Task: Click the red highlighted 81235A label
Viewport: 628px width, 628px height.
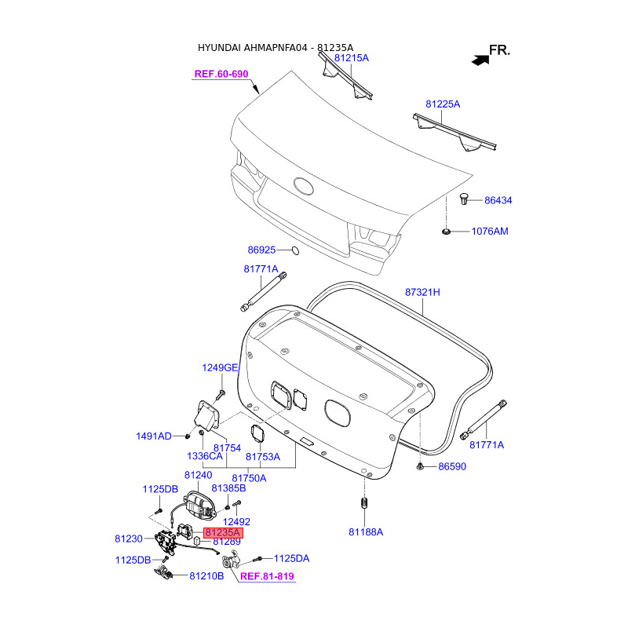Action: tap(224, 531)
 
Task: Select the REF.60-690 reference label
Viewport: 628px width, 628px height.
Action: tap(221, 75)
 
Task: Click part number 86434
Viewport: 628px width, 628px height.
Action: tap(498, 201)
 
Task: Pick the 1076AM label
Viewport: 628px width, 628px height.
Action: tap(490, 232)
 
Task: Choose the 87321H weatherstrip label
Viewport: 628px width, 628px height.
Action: tap(422, 292)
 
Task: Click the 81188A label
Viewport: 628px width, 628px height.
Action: tap(366, 531)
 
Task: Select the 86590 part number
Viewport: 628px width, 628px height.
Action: tap(452, 466)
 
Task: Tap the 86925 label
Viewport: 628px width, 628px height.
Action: tap(261, 250)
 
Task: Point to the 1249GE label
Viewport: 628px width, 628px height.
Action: tap(219, 367)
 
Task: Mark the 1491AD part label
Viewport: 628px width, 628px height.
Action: tap(153, 436)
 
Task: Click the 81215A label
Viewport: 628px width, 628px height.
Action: tap(351, 58)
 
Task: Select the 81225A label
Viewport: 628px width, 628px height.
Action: tap(443, 104)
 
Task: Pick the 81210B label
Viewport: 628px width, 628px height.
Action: tap(206, 575)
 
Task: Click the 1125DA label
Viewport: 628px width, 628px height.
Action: tap(291, 558)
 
